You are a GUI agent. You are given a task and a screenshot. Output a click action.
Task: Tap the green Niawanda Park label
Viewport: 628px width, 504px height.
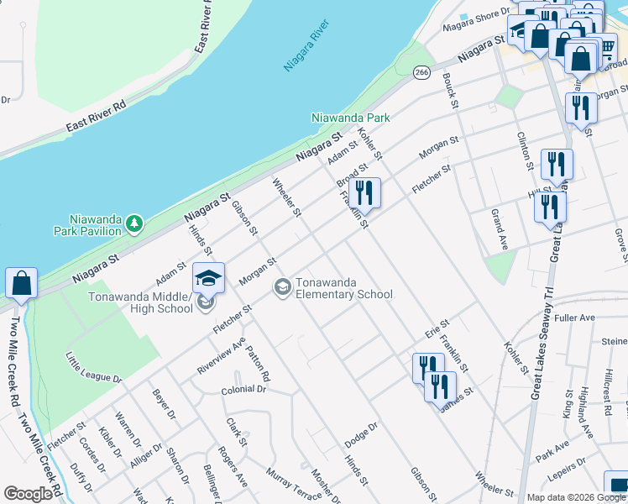(x=350, y=118)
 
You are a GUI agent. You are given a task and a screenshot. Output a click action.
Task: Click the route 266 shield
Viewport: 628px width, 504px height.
(x=422, y=73)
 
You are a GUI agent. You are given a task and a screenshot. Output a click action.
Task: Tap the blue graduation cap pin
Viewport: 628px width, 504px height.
(x=208, y=278)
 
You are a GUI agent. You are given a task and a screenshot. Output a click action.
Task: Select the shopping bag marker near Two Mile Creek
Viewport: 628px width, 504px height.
(x=21, y=284)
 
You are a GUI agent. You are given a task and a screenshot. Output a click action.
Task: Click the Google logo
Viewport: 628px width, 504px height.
(x=28, y=494)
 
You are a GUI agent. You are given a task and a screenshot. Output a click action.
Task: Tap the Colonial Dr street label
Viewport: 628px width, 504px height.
(x=243, y=390)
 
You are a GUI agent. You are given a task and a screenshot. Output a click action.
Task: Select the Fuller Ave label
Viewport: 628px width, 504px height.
(x=574, y=318)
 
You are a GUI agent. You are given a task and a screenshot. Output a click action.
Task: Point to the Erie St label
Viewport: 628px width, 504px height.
(x=438, y=328)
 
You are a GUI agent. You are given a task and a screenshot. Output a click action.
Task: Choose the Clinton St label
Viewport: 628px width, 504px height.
(x=525, y=150)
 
